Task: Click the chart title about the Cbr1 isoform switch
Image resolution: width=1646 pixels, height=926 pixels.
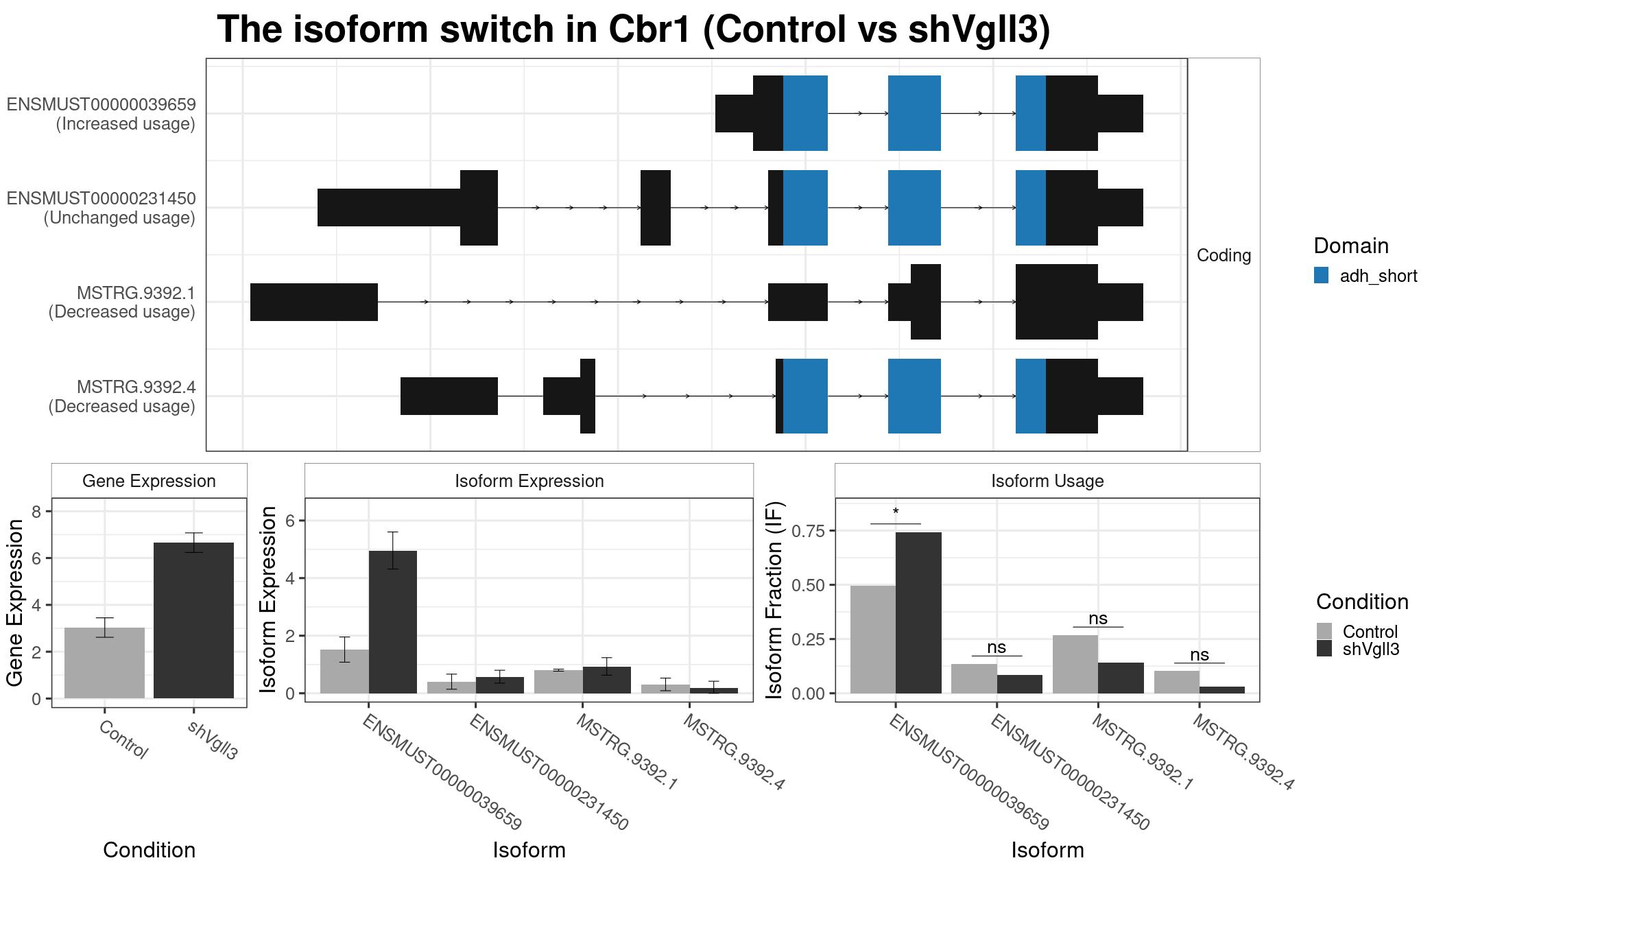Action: point(634,30)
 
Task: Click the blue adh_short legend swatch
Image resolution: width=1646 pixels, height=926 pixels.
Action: point(1321,276)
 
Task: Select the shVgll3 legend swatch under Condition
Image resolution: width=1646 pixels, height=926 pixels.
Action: point(1324,649)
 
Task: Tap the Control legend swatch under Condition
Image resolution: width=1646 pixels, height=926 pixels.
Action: point(1324,631)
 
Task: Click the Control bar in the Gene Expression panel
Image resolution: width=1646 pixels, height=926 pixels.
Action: point(104,663)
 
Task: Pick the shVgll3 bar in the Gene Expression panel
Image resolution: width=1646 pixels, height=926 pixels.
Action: point(193,620)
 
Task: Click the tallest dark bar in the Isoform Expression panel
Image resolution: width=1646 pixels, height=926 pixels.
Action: point(393,622)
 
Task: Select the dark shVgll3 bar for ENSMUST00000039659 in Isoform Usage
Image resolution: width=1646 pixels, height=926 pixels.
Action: point(918,613)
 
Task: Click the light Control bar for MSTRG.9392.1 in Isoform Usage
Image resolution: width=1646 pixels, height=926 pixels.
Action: point(1075,664)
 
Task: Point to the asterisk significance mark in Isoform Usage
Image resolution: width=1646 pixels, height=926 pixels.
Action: point(896,512)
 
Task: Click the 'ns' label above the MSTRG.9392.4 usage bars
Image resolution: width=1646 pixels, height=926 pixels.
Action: point(1200,655)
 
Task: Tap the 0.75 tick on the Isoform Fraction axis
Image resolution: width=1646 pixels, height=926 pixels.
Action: point(809,531)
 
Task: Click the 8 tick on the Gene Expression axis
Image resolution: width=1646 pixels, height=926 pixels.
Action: point(37,511)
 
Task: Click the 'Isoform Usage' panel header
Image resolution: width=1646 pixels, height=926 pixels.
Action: point(1047,481)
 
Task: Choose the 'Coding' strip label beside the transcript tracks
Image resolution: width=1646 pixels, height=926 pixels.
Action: point(1224,255)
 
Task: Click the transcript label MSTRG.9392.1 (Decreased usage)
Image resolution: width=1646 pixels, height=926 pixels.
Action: point(122,302)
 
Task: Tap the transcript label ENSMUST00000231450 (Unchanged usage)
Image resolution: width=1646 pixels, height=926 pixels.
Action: point(102,208)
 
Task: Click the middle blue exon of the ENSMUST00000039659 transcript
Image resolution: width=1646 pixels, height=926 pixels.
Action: point(914,113)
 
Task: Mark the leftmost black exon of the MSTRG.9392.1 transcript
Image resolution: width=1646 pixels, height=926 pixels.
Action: point(314,302)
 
